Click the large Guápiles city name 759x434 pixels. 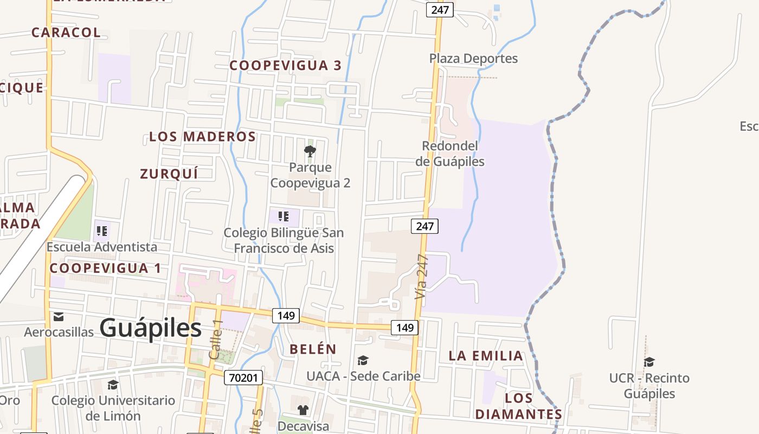click(151, 328)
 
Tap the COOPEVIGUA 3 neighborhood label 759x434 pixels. click(286, 66)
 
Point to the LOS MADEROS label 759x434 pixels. click(203, 137)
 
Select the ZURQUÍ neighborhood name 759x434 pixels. click(169, 174)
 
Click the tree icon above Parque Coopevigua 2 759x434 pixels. click(310, 151)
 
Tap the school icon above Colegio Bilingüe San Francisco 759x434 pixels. click(284, 217)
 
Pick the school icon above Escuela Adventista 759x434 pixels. click(102, 232)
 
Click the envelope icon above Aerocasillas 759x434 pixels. click(59, 316)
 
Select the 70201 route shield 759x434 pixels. click(243, 378)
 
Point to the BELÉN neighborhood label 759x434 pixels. click(313, 349)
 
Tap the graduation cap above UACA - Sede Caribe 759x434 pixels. click(363, 360)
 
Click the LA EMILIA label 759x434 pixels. click(486, 356)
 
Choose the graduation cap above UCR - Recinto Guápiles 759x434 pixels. click(649, 362)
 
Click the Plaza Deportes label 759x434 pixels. click(473, 59)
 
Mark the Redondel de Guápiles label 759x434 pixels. click(450, 154)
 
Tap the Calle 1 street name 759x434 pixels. click(216, 339)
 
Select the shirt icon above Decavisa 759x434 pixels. click(303, 410)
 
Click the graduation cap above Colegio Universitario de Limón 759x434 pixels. click(113, 385)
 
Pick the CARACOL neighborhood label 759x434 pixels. click(66, 33)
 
